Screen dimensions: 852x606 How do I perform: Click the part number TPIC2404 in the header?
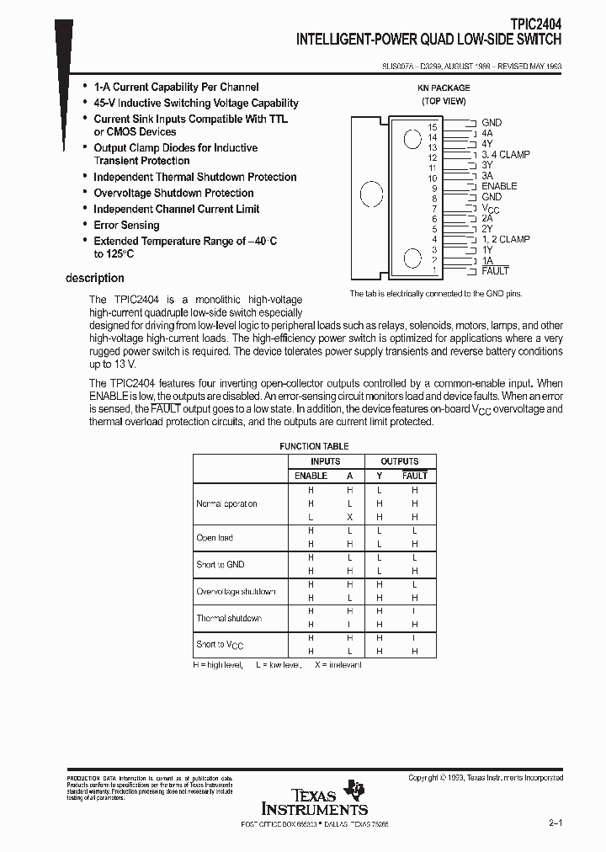534,25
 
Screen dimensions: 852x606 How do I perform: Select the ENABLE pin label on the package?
499,186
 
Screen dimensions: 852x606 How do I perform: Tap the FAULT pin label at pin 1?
495,271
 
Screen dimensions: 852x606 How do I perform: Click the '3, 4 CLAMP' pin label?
505,154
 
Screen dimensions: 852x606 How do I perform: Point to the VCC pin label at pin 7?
491,208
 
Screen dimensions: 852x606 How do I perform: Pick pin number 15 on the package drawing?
433,126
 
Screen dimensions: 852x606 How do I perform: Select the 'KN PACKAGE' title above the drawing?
444,88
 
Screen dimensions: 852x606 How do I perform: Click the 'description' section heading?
95,278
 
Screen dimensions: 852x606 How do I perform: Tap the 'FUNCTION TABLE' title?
314,446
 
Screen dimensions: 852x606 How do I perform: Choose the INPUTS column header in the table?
325,461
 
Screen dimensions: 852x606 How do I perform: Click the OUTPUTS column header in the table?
400,461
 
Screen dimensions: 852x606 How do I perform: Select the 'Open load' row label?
215,537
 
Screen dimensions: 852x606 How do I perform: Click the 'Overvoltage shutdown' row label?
236,591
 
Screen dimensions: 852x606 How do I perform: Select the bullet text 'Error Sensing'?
126,225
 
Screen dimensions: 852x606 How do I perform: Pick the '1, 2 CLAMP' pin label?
505,239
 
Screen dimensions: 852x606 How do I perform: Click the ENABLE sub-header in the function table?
311,476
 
